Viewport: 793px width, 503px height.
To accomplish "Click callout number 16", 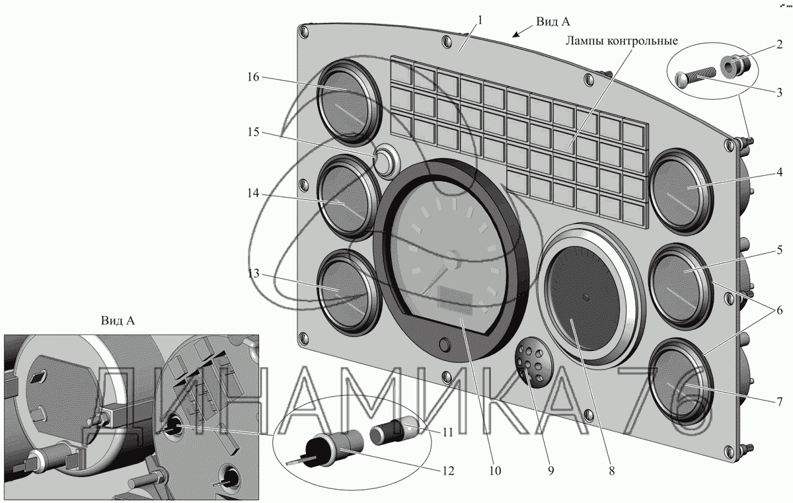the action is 253,77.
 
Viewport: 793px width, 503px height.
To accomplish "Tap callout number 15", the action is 253,132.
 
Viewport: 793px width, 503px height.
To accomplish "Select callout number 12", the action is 448,471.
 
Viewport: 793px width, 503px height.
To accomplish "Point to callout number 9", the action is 550,471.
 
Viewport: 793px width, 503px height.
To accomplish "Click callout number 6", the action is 780,311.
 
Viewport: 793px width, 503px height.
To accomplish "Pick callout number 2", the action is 780,44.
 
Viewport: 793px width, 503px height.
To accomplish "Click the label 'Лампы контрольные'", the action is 622,41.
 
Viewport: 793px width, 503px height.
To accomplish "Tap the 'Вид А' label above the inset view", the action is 118,321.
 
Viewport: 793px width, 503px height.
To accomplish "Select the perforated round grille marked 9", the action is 534,361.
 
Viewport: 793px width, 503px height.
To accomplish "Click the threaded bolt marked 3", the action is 695,77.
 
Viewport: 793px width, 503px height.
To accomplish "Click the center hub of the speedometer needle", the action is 453,260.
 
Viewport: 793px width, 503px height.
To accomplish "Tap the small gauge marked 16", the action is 349,102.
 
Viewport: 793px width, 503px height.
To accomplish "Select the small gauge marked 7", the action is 681,381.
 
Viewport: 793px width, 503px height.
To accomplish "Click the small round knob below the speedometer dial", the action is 445,345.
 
